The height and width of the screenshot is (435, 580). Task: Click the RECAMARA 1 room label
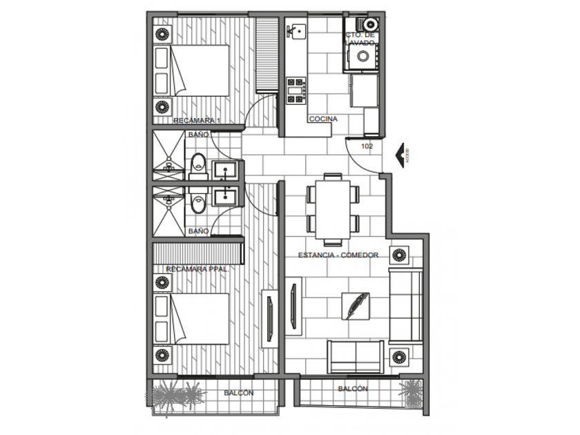click(x=197, y=121)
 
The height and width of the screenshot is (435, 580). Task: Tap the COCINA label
click(x=323, y=119)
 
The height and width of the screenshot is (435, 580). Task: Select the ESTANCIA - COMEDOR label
click(x=338, y=255)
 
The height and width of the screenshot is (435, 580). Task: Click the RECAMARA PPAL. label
click(x=197, y=269)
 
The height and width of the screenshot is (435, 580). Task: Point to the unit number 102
click(x=367, y=146)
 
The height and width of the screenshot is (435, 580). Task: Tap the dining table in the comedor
click(x=333, y=206)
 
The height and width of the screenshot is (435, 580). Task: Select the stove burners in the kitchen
click(x=296, y=90)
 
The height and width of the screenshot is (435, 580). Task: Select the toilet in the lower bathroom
click(x=199, y=203)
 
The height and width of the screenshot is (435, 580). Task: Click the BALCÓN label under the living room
click(x=353, y=389)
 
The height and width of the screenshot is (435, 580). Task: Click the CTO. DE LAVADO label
click(x=360, y=39)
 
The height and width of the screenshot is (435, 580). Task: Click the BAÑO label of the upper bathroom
click(x=198, y=135)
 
